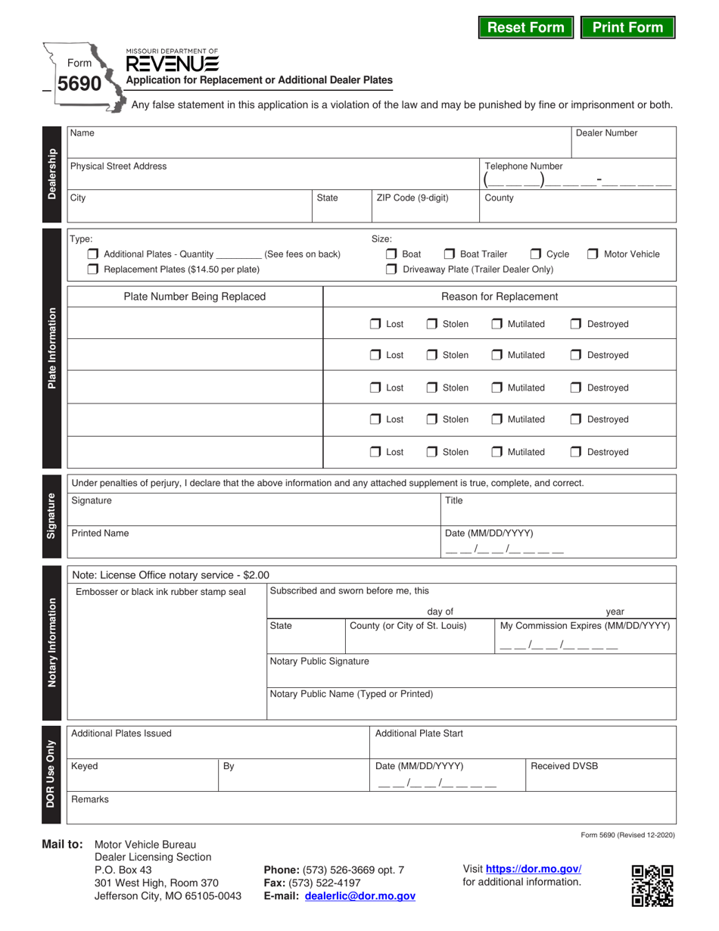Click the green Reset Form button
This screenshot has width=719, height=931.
(526, 27)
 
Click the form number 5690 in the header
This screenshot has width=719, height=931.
(79, 83)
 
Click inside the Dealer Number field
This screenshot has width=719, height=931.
(623, 147)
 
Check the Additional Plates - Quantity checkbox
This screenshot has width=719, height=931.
(93, 254)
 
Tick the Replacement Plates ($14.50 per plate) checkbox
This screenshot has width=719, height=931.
(93, 269)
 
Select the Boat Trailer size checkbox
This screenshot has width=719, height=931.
(450, 254)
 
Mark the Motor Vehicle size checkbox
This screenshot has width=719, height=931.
(593, 254)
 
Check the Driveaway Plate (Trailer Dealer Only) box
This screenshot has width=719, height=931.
(391, 269)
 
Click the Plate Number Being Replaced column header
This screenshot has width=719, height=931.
(195, 297)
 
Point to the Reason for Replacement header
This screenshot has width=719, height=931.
(500, 297)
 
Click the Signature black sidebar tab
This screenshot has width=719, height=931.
(51, 515)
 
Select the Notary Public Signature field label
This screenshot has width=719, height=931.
(319, 662)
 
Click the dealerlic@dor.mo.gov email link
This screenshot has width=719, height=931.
(359, 895)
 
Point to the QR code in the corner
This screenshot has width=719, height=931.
(652, 885)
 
